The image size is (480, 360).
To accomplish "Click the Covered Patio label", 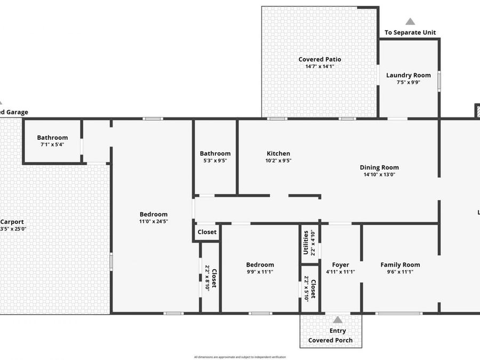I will pos(319,59).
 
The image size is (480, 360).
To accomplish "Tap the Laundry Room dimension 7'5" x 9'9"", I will pos(408,83).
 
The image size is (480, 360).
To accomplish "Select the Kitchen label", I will pos(278,153).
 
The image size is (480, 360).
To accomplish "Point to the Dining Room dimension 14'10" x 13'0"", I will pos(381,174).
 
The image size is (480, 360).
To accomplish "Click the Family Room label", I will pos(400,265).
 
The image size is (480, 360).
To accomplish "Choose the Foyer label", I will pos(340,265).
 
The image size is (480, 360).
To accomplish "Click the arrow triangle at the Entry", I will pos(338,320).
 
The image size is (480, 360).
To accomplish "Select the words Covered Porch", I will pos(330,340).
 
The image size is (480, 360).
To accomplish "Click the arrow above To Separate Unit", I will pos(410,22).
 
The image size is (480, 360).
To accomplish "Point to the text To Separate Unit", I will pos(410,33).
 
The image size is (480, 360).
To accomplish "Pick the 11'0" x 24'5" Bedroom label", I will pos(154,214).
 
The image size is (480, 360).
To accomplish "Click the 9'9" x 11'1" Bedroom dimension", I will pos(260,271).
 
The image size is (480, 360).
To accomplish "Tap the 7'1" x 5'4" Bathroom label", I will pos(52,138).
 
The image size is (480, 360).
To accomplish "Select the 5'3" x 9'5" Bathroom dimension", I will pos(215,161).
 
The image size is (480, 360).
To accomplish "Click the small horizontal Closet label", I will pos(207,232).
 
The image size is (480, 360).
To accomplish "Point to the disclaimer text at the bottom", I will pos(240,357).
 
